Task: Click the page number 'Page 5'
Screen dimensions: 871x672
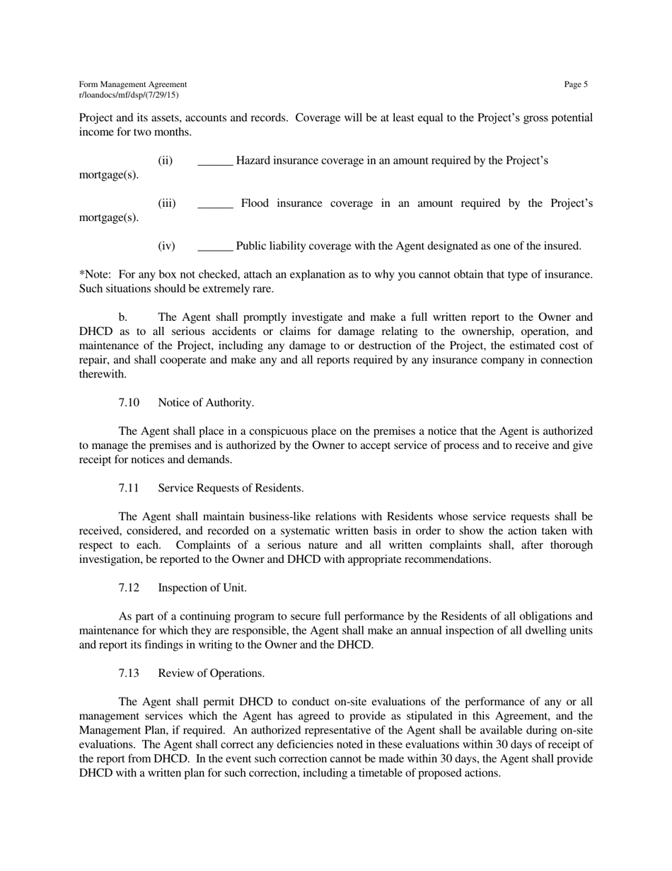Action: [576, 85]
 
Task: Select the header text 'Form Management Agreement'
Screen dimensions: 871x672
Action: [133, 85]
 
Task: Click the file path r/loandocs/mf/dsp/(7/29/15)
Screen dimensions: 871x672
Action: [129, 95]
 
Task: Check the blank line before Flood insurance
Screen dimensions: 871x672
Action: [215, 205]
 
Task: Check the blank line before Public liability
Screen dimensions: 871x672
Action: [215, 247]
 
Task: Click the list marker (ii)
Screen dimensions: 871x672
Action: [165, 161]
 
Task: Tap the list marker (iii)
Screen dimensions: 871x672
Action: [166, 204]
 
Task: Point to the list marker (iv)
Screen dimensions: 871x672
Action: [166, 246]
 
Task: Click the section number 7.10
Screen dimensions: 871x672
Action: [129, 403]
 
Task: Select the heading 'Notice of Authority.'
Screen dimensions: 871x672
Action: [206, 403]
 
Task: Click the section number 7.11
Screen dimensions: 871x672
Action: [129, 489]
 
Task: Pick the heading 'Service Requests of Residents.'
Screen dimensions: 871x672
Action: [231, 489]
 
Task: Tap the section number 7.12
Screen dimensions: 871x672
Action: [129, 588]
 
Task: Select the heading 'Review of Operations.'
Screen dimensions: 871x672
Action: [212, 673]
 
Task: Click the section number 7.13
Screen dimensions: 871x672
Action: [129, 673]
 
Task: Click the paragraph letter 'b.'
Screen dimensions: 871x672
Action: [122, 317]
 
